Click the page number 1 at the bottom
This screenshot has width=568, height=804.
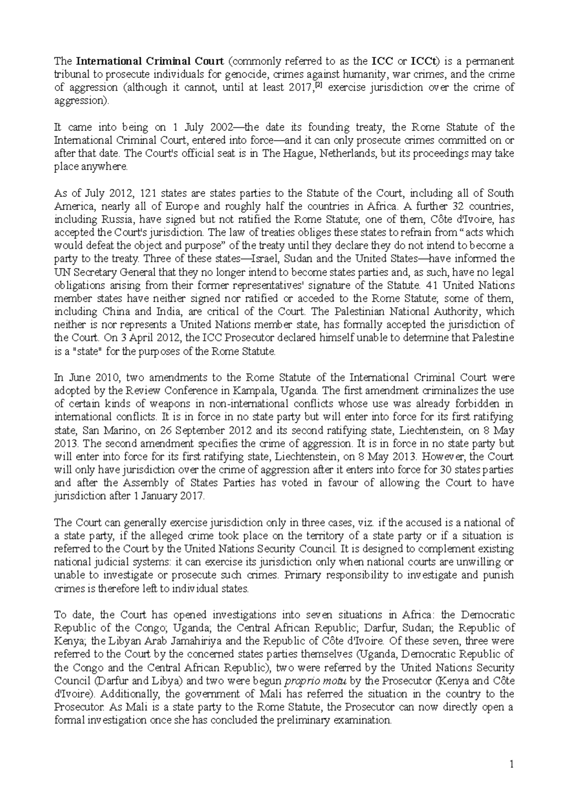point(511,764)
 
